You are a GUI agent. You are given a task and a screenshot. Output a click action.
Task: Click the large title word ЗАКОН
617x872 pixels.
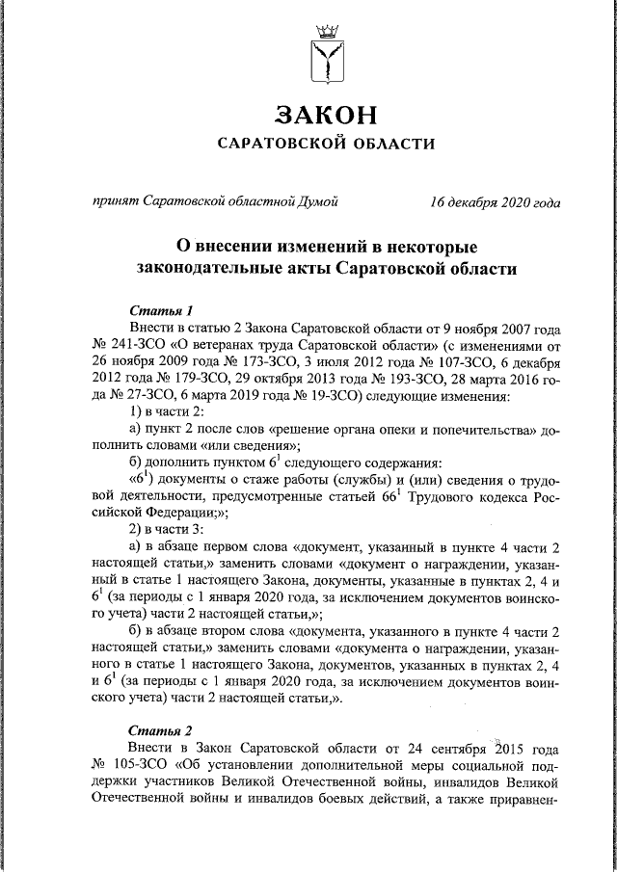click(325, 115)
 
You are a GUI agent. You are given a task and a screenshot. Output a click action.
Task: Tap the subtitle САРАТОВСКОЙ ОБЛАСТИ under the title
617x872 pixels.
click(325, 144)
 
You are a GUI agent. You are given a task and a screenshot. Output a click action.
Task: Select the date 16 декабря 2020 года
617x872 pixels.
click(496, 202)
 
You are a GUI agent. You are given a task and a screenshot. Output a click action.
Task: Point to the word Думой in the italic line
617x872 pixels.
click(316, 202)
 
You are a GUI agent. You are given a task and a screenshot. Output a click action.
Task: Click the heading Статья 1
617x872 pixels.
click(161, 310)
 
